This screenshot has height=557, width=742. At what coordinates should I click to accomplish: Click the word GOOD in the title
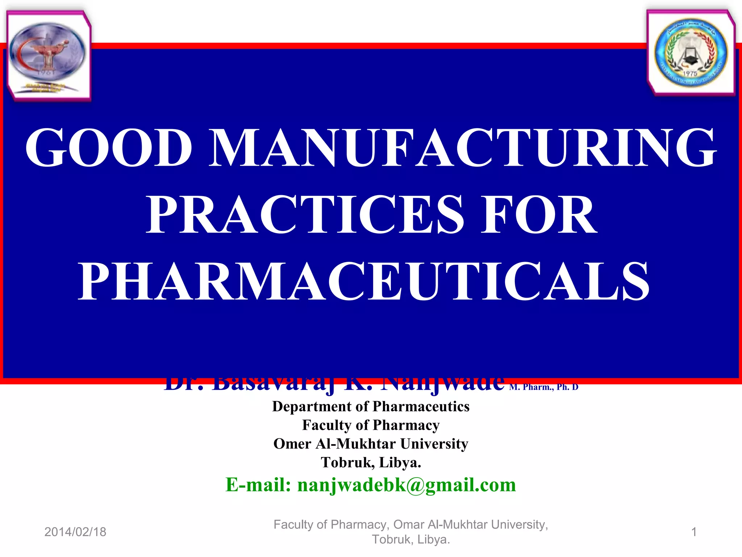point(109,148)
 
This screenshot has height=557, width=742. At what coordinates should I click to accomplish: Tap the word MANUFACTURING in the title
point(463,148)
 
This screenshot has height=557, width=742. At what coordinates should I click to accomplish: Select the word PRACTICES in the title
point(305,215)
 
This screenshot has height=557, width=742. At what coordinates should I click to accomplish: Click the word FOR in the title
point(539,215)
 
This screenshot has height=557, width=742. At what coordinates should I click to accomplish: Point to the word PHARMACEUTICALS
point(364,282)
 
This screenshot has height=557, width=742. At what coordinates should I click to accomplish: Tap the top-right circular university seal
point(691,53)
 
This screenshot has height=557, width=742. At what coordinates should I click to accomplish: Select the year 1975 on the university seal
point(690,74)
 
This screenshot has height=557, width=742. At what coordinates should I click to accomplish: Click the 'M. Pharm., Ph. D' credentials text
point(543,387)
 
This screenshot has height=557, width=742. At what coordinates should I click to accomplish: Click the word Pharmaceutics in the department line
point(421,407)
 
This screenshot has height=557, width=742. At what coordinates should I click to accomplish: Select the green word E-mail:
point(258,485)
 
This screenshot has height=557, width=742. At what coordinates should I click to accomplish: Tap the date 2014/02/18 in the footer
point(75,532)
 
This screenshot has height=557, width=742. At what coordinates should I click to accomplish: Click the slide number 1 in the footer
point(694,532)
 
